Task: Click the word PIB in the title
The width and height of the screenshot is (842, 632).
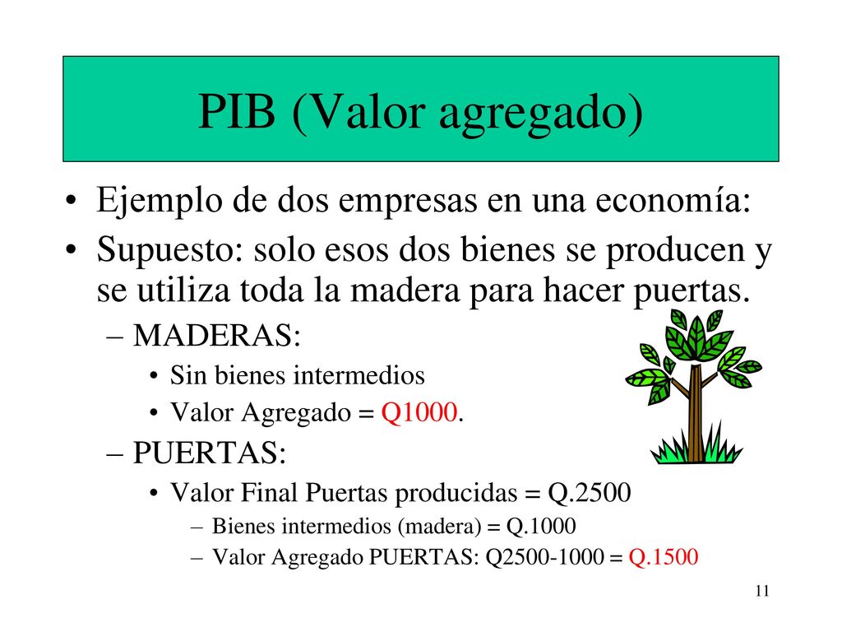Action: click(237, 111)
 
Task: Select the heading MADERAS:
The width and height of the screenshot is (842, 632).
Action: click(217, 336)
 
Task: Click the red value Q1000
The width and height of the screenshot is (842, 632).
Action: click(419, 413)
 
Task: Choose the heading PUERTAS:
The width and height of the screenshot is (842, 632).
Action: click(210, 453)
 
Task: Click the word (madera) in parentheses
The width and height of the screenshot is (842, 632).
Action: click(440, 527)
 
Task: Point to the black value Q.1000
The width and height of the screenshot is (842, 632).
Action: click(541, 526)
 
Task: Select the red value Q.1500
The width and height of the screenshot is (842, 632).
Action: click(664, 557)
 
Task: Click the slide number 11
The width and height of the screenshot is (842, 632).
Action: click(762, 591)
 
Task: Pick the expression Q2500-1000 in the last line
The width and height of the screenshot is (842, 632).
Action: click(544, 557)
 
